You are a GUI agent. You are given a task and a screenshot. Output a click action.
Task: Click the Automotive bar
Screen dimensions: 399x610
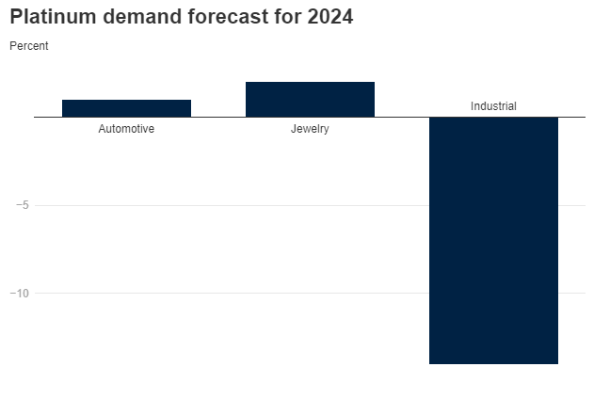coord(126,108)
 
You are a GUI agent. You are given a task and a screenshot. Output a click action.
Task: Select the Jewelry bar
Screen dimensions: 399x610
coord(310,100)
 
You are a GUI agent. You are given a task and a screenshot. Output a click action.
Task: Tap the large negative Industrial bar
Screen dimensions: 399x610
coord(493,240)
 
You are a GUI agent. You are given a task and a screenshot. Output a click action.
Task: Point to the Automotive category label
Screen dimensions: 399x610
coord(126,129)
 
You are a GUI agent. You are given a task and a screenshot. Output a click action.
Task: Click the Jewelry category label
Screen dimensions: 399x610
coord(310,129)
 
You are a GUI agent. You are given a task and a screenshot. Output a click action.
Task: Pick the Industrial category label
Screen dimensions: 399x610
coord(493,106)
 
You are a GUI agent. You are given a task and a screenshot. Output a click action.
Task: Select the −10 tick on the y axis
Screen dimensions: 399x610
coord(19,293)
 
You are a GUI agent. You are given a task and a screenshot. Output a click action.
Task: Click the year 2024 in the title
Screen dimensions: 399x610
coord(329,17)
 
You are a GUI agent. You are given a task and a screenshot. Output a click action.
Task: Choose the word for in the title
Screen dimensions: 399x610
coord(287,17)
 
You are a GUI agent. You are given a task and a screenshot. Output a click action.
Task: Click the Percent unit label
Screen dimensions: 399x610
coord(28,45)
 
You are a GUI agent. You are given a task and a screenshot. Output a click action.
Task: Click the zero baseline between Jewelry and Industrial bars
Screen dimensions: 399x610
coord(402,117)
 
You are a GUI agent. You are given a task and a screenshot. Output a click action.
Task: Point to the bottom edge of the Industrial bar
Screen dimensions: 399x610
coord(493,363)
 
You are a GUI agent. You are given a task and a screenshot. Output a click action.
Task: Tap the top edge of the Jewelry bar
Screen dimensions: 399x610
coord(310,83)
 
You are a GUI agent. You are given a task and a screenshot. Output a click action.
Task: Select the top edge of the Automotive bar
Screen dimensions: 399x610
coord(126,100)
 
